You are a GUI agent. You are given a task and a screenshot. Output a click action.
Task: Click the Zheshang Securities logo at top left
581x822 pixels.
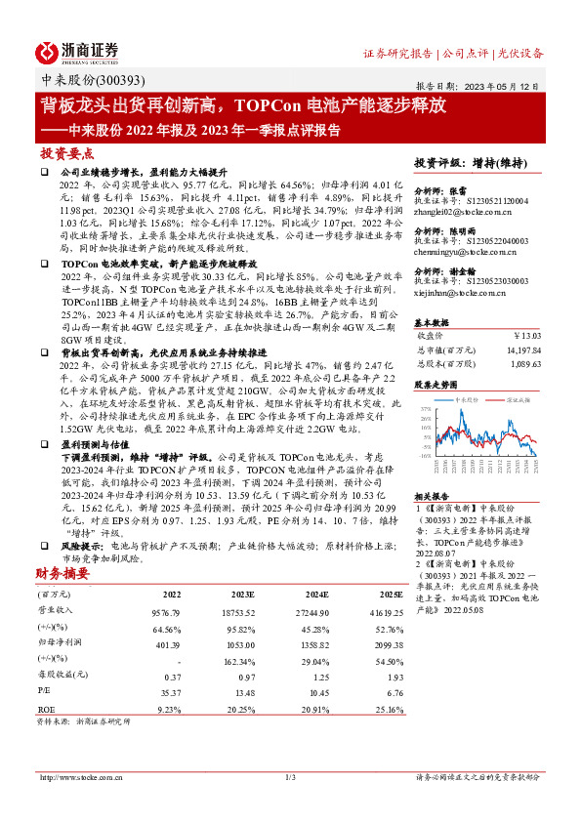click(77, 52)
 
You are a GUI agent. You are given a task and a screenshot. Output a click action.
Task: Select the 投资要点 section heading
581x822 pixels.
click(67, 154)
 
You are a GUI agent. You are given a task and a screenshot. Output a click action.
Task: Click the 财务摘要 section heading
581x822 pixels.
click(62, 573)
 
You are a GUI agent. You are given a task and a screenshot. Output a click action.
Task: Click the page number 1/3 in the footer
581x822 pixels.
click(290, 777)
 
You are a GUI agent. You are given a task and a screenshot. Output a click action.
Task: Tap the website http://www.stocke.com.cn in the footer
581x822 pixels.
click(77, 777)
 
